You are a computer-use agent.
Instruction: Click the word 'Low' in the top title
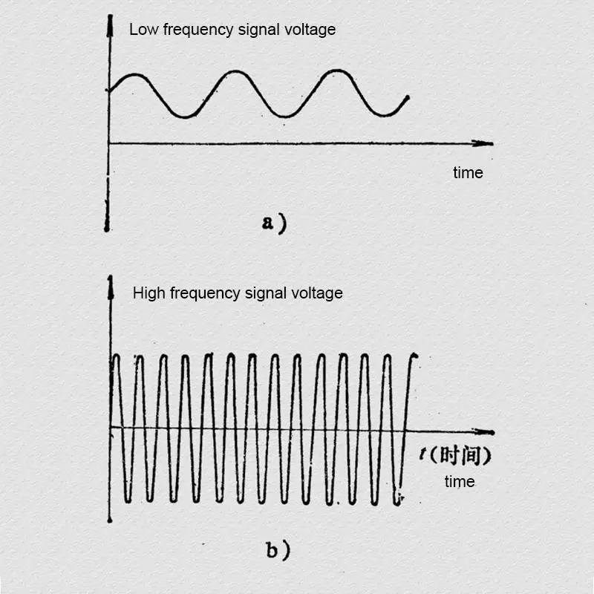(x=142, y=30)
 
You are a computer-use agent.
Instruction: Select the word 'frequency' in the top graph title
(x=190, y=30)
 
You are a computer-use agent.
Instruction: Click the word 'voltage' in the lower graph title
(x=317, y=293)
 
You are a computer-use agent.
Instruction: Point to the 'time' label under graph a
(x=468, y=173)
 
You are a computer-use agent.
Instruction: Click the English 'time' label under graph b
(x=460, y=482)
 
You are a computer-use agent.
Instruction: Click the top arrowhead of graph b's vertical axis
(x=110, y=283)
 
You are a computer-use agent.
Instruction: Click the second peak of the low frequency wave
(x=235, y=71)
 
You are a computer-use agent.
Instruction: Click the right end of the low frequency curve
(x=408, y=97)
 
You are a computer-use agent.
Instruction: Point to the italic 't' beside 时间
(x=422, y=454)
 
